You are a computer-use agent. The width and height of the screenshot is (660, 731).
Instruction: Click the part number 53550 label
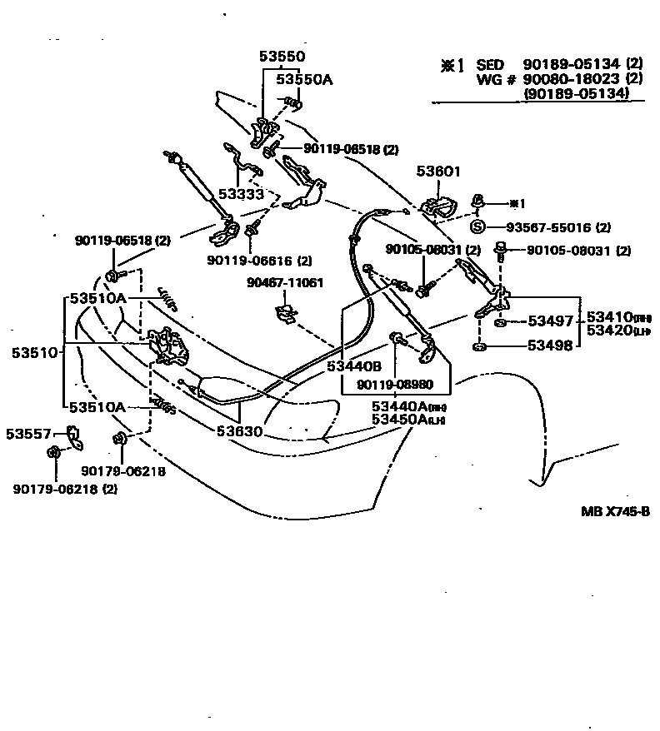pyautogui.click(x=282, y=57)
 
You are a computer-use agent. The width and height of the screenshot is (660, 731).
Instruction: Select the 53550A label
pyautogui.click(x=304, y=79)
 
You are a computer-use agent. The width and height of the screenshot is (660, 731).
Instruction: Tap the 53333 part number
pyautogui.click(x=241, y=193)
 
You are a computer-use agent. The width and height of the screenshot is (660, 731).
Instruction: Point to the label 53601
pyautogui.click(x=438, y=172)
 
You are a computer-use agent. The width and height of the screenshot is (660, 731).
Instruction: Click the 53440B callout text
pyautogui.click(x=353, y=365)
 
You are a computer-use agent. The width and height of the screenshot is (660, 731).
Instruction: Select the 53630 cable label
pyautogui.click(x=240, y=431)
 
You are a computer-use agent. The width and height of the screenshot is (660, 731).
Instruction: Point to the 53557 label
pyautogui.click(x=29, y=433)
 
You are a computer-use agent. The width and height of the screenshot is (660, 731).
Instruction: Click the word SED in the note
pyautogui.click(x=491, y=64)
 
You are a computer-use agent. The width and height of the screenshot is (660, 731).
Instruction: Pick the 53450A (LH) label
pyautogui.click(x=408, y=419)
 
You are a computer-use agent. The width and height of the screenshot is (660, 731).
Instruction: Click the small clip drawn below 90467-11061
pyautogui.click(x=286, y=314)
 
